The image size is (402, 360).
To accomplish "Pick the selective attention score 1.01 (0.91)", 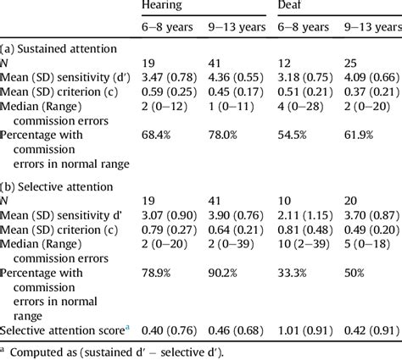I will tap(304, 328).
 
